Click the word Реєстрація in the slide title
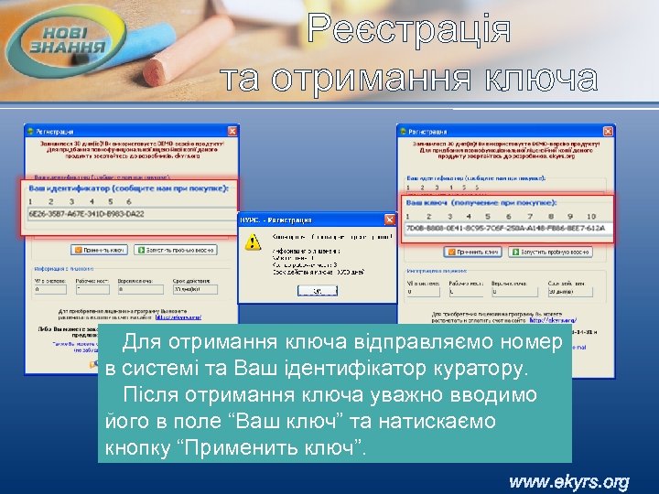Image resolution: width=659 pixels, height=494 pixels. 408,29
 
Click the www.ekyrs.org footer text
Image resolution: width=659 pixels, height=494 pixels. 569,481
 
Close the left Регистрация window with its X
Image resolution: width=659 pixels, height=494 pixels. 232,132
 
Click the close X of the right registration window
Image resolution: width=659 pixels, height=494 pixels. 607,131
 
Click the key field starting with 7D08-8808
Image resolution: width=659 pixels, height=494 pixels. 503,228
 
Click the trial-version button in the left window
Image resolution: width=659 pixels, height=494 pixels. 178,249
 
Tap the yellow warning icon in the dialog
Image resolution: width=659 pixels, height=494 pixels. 253,242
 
